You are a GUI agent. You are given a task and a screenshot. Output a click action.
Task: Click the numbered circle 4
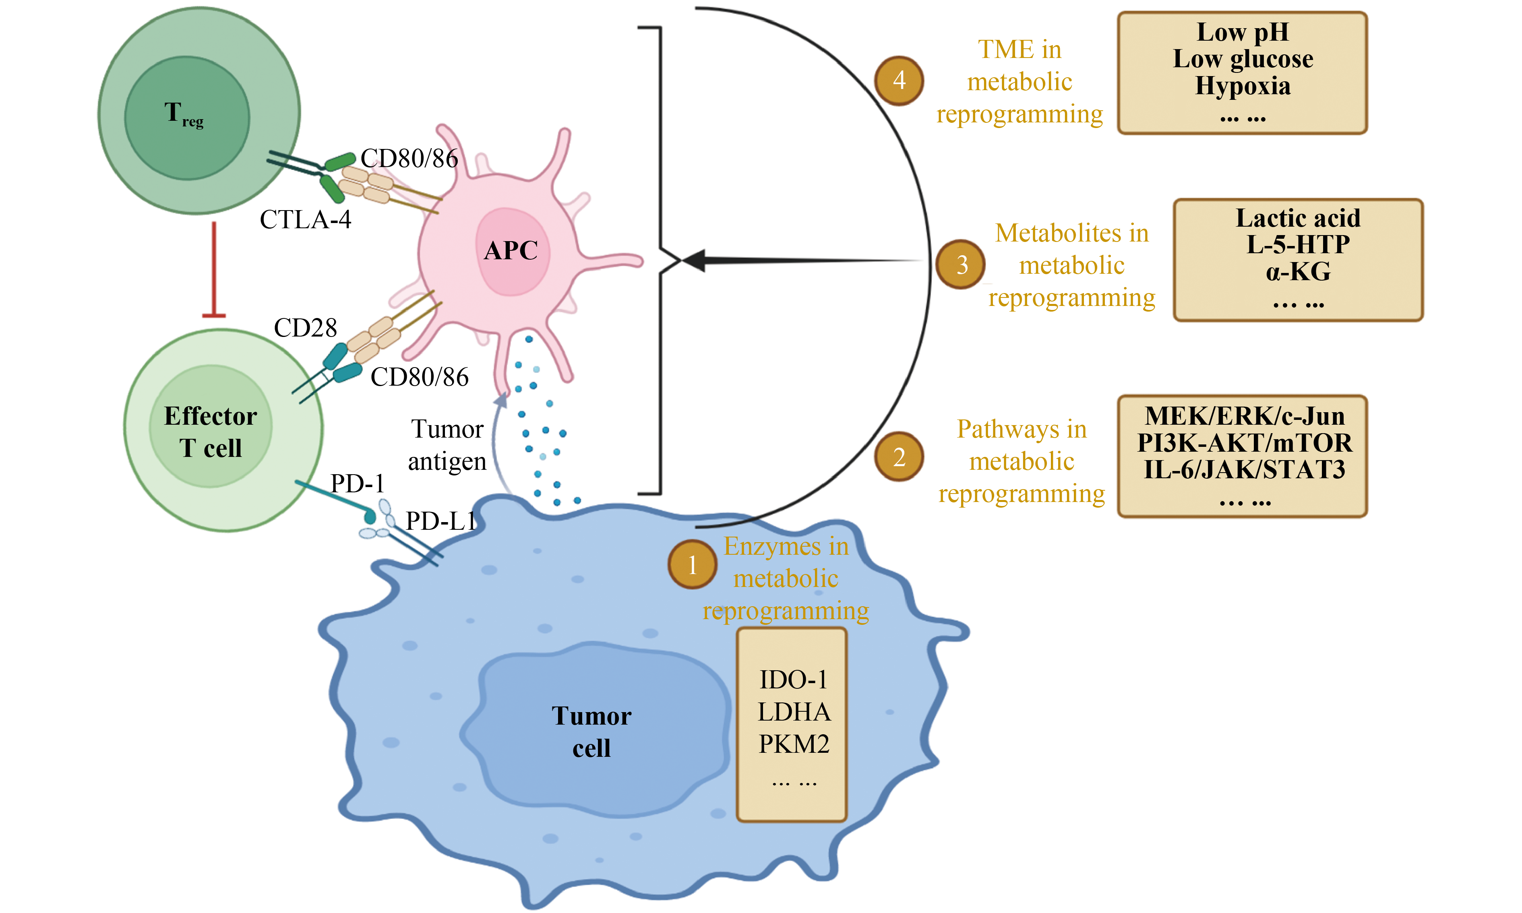point(899,81)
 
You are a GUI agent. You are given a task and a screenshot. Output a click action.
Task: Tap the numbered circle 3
point(960,264)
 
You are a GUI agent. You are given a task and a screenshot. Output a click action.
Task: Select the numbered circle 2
point(899,456)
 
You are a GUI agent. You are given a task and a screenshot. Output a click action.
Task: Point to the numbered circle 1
point(692,564)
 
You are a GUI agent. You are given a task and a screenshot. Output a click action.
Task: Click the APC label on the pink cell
point(511,250)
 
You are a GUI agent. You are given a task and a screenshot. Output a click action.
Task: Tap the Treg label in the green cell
point(183,114)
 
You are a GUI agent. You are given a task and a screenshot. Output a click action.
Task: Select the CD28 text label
point(305,328)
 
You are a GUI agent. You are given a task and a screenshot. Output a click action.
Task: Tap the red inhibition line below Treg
point(214,271)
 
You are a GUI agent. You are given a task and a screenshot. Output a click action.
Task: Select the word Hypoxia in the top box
point(1243,86)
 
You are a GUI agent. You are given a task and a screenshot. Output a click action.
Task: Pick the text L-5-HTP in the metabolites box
point(1298,245)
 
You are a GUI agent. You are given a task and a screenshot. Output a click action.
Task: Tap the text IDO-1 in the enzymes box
point(794,680)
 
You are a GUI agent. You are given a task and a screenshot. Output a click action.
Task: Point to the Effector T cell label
point(211,432)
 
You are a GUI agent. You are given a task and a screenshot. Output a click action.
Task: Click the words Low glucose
point(1243,59)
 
